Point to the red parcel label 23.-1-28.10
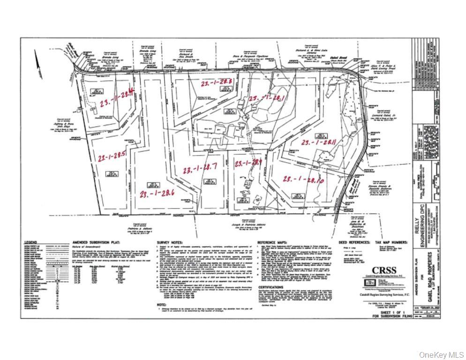tap(304, 178)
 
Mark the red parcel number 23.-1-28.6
tap(157, 192)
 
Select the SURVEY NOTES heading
tap(170, 242)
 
